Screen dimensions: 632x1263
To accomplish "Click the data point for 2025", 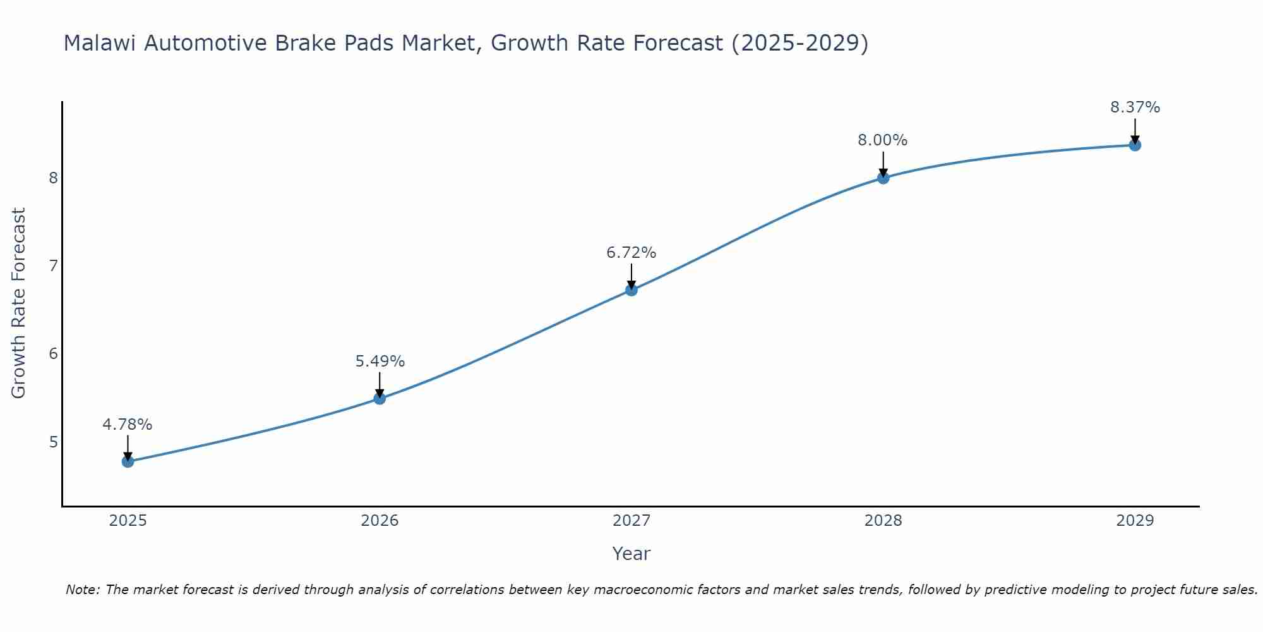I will pos(128,461).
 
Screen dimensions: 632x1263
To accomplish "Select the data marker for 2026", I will pos(380,398).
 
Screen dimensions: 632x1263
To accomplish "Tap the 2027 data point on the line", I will pos(631,290).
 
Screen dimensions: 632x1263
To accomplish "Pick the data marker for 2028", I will pos(883,178).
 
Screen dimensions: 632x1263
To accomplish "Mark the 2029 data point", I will pos(1135,145).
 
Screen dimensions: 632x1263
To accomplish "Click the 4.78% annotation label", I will pos(128,425).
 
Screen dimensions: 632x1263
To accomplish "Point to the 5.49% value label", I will pos(380,362).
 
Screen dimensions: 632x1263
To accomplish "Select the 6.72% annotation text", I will pos(631,253).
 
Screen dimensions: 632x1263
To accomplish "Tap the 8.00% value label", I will pos(882,140).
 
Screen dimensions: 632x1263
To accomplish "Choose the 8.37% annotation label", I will pos(1135,107).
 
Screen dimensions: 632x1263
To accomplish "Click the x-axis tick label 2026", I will pos(380,521).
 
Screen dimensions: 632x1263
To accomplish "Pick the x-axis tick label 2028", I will pos(883,521).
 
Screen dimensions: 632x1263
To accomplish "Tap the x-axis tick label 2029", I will pos(1135,521).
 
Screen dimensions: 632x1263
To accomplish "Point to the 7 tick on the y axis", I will pos(53,265).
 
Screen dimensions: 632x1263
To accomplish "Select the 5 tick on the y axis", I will pos(53,442).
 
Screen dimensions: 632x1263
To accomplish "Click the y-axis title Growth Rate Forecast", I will pos(19,303).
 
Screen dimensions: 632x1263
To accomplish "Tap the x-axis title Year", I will pos(631,554).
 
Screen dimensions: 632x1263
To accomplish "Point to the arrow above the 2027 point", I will pos(631,276).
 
